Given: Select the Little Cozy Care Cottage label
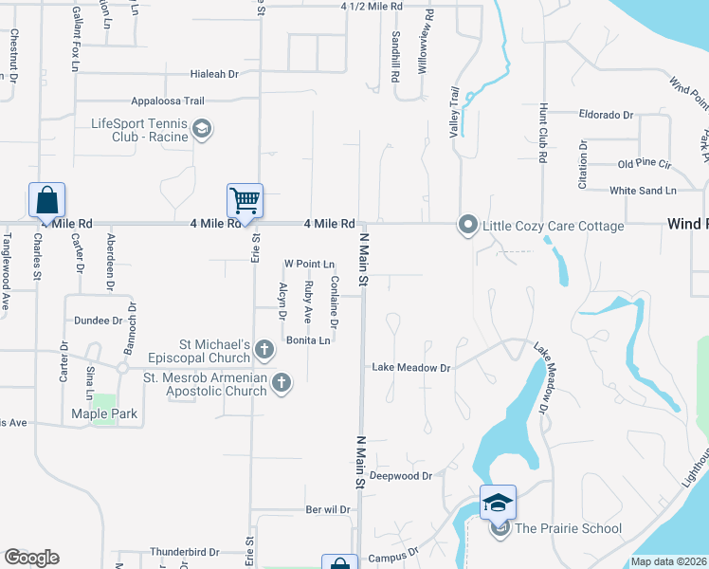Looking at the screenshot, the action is pyautogui.click(x=554, y=226).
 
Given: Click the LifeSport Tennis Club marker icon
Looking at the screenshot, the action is pyautogui.click(x=201, y=128).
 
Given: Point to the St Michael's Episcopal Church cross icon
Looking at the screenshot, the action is pyautogui.click(x=264, y=352).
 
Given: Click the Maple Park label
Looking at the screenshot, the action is pyautogui.click(x=104, y=413).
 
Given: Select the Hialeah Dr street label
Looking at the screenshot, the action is pyautogui.click(x=213, y=73).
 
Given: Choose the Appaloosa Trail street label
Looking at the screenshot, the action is pyautogui.click(x=169, y=101).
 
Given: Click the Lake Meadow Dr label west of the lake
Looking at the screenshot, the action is pyautogui.click(x=410, y=367).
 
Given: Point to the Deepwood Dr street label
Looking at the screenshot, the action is pyautogui.click(x=401, y=475).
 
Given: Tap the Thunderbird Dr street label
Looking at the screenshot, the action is pyautogui.click(x=184, y=551).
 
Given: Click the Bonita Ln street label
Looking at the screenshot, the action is pyautogui.click(x=309, y=340).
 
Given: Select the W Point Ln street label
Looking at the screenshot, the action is pyautogui.click(x=310, y=264).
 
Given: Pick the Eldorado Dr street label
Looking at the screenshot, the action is pyautogui.click(x=606, y=115).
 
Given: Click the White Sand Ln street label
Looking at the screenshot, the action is pyautogui.click(x=643, y=191).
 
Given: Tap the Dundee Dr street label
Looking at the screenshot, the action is pyautogui.click(x=100, y=321).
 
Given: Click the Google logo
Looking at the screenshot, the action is pyautogui.click(x=31, y=558).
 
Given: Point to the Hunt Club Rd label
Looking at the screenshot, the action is pyautogui.click(x=542, y=134).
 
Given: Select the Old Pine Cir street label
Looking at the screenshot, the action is pyautogui.click(x=644, y=164).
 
